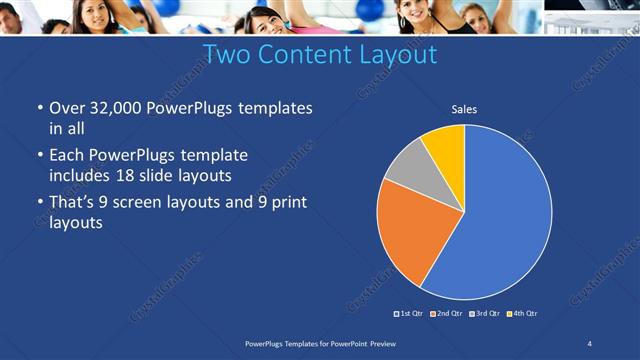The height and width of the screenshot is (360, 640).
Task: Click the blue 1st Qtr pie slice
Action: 500,215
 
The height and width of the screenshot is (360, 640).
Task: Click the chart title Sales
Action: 464,109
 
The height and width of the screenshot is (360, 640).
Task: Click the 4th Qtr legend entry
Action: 522,314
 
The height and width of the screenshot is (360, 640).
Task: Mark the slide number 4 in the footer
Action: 589,343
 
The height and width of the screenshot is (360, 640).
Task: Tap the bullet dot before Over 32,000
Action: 39,108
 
